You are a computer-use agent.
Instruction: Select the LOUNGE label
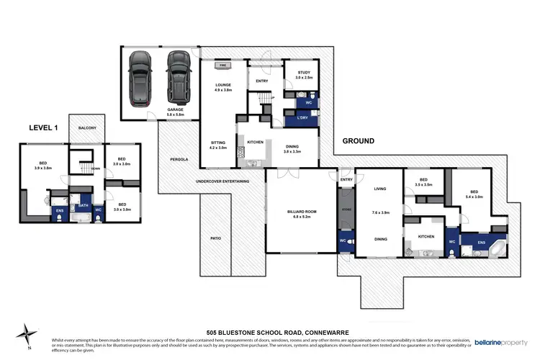click(222, 84)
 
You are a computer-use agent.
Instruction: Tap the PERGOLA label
click(179, 159)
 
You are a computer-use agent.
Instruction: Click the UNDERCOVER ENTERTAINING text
click(222, 181)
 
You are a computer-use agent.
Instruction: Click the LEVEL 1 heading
click(42, 127)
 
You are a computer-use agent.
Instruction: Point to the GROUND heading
click(358, 141)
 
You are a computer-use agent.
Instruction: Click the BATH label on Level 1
click(83, 205)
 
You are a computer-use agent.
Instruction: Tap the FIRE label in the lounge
click(222, 64)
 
